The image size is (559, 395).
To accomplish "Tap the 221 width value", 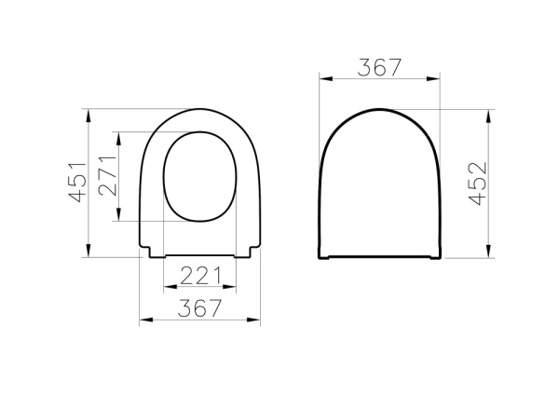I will pos(199,276).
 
